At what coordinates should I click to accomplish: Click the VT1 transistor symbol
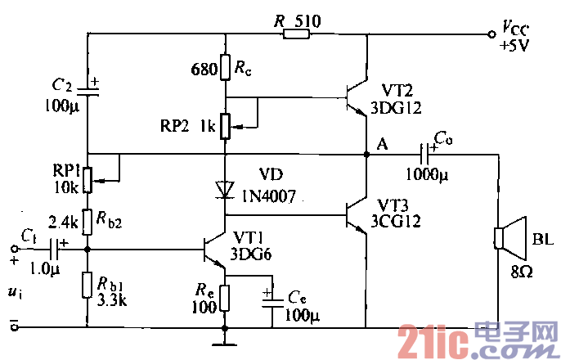[215, 250]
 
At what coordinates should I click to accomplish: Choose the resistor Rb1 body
[88, 286]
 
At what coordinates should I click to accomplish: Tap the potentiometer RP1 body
[88, 177]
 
